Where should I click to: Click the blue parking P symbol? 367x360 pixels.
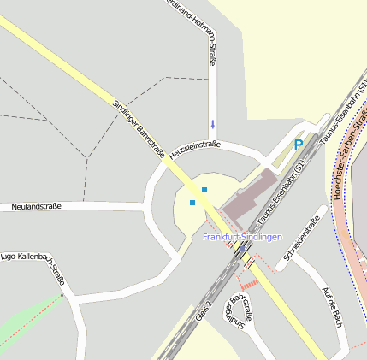299,145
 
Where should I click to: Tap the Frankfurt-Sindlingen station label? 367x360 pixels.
242,236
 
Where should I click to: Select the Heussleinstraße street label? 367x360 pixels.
195,149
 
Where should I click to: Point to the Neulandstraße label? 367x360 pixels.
37,206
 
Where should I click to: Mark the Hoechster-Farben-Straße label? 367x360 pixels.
351,155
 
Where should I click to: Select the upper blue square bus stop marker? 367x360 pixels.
204,189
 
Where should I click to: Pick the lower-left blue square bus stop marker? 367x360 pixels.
192,203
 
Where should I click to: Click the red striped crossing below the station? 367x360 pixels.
249,284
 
